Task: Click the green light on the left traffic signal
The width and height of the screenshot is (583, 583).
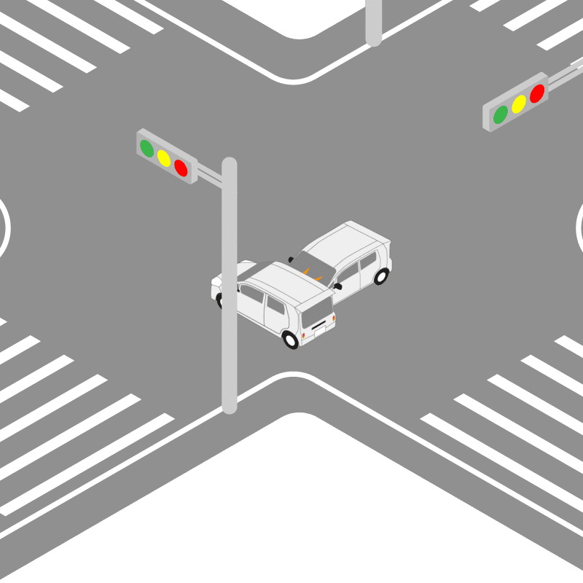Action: click(x=147, y=149)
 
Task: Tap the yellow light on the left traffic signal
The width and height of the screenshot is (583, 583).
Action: click(x=164, y=158)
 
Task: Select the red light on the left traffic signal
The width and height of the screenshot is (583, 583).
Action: click(x=181, y=168)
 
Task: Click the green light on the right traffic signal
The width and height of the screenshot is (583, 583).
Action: click(x=501, y=114)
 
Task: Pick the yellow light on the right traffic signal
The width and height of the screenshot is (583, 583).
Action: click(x=519, y=104)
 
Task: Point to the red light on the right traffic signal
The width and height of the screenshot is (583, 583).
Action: click(x=537, y=93)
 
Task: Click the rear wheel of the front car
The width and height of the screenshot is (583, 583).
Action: click(x=291, y=339)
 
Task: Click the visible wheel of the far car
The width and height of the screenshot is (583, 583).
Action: click(x=381, y=275)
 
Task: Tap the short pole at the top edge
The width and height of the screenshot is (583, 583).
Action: click(x=374, y=22)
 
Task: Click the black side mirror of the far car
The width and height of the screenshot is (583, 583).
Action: click(x=337, y=286)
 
